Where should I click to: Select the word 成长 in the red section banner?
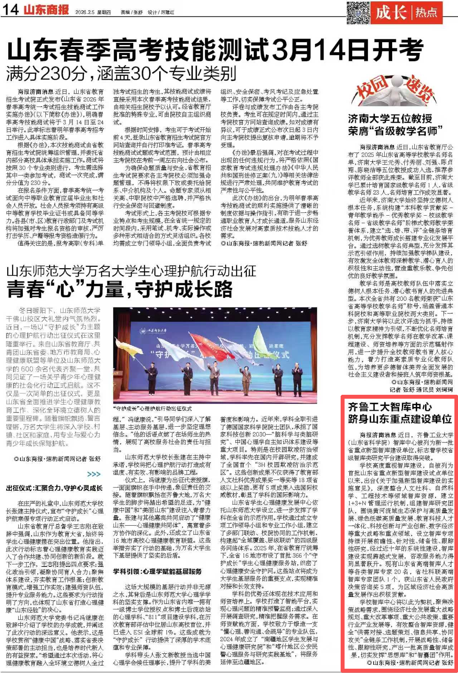pos(391,13)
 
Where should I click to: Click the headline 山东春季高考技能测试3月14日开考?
pos(215,50)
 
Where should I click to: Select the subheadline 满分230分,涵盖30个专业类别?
pos(121,74)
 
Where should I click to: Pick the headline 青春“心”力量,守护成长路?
pos(120,289)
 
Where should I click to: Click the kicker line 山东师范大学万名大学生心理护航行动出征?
pos(131,271)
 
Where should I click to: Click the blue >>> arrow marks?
pos(94,474)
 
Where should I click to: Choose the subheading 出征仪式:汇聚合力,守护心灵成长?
pos(54,488)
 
